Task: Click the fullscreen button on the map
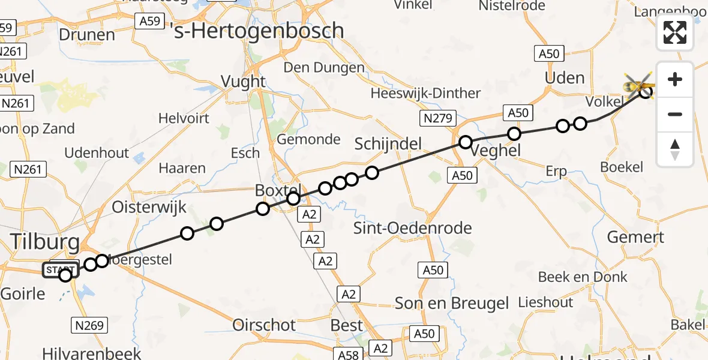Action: (675, 32)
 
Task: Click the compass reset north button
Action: (675, 149)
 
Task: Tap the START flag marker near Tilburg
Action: (60, 270)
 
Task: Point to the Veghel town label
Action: (496, 151)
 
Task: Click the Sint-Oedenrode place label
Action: (413, 228)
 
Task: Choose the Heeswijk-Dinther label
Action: (425, 93)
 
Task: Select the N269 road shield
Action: (89, 326)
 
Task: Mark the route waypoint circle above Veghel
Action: (466, 142)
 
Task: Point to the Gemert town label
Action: (635, 237)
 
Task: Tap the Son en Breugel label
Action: (452, 304)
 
